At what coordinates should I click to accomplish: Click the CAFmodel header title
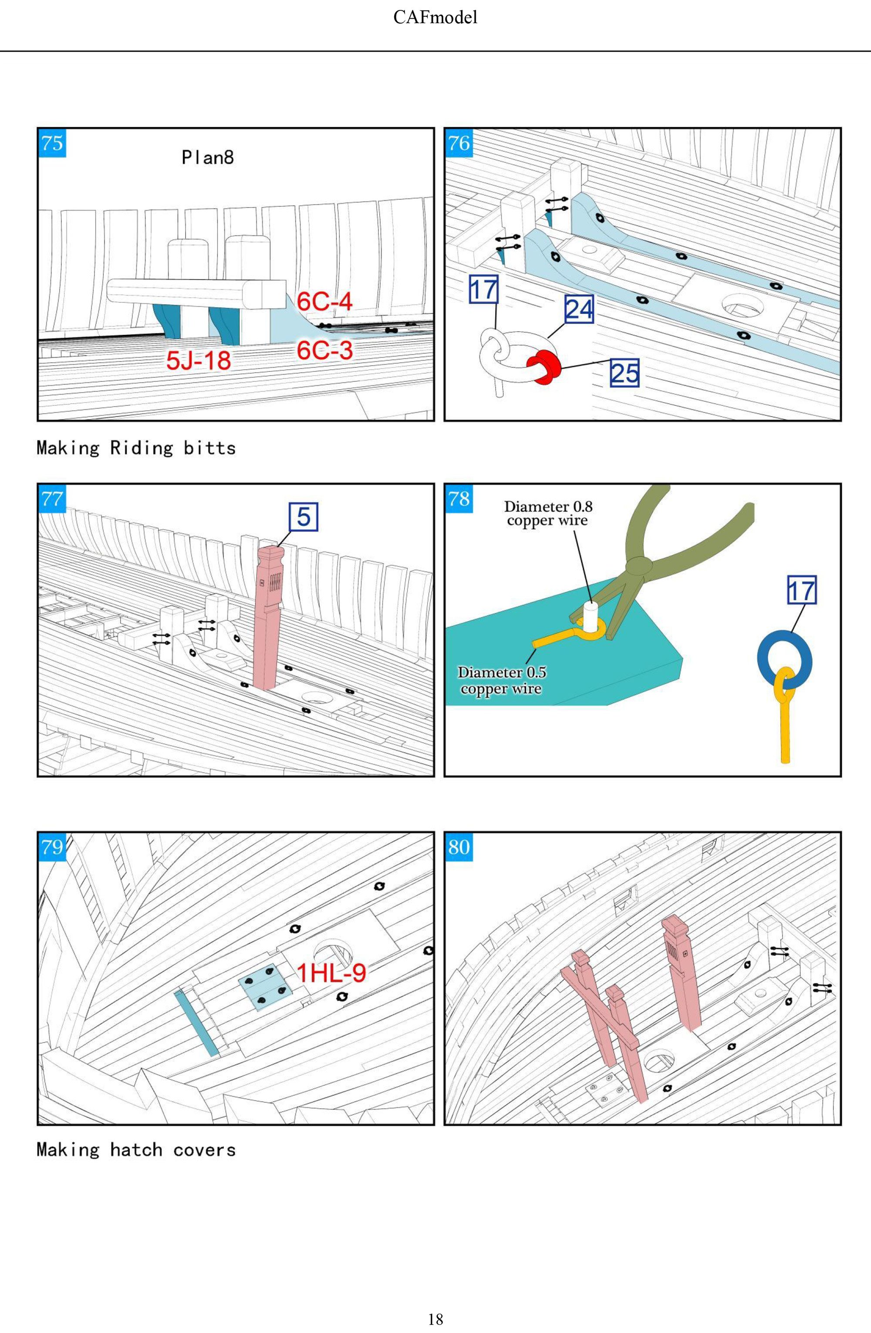435,18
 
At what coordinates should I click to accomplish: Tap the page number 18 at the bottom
435,1319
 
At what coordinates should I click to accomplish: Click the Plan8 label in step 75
207,158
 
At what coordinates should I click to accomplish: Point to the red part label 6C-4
324,302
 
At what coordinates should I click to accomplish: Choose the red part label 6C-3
325,350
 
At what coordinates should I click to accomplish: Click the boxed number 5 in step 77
303,516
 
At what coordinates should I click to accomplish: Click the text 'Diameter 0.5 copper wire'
501,680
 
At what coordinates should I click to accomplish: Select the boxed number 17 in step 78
802,590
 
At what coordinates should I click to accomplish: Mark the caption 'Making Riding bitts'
136,448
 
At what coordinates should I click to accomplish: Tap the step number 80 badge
459,846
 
